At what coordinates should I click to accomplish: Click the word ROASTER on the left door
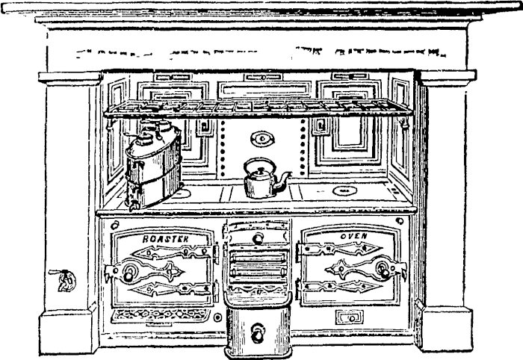[x=165, y=239]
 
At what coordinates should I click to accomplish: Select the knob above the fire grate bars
[x=258, y=239]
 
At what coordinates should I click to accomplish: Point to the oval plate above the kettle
[x=261, y=138]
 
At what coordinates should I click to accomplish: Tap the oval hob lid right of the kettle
[x=343, y=191]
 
